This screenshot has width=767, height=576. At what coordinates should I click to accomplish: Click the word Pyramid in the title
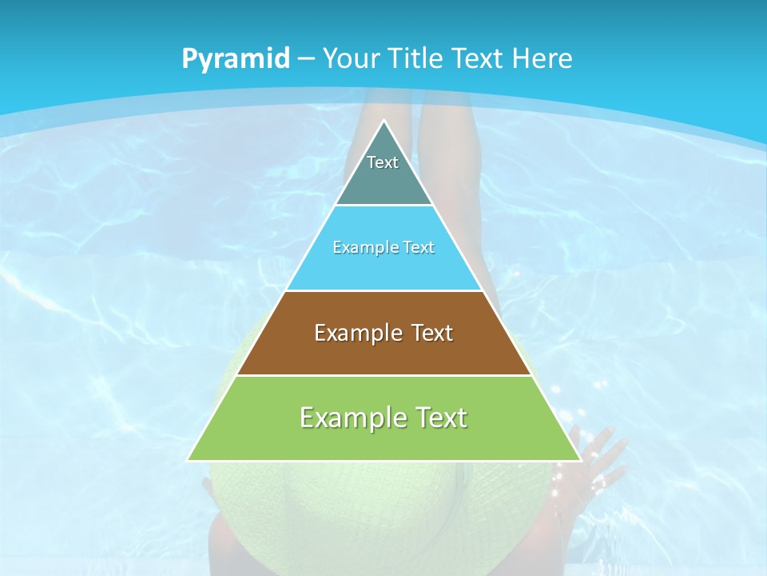[x=235, y=59]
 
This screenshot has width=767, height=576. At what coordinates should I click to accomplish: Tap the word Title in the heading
[x=418, y=58]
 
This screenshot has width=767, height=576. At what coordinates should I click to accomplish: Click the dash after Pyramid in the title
[x=306, y=59]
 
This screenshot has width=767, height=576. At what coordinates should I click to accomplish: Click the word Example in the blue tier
[x=360, y=247]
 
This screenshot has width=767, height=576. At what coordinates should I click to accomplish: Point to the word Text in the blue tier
[x=419, y=247]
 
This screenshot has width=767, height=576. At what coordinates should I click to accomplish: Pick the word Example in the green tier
[x=343, y=418]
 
